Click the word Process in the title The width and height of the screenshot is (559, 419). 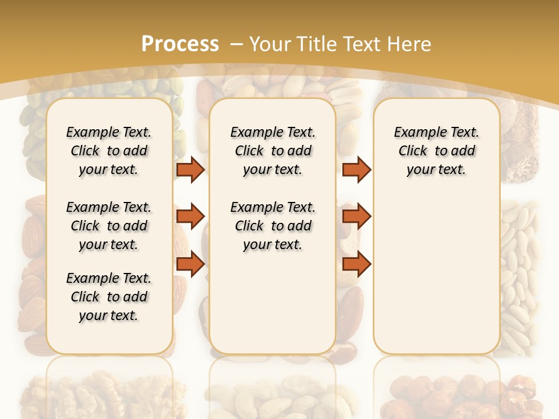pyautogui.click(x=180, y=44)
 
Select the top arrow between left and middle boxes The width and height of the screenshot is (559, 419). pyautogui.click(x=190, y=169)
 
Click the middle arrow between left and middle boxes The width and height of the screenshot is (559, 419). pyautogui.click(x=190, y=216)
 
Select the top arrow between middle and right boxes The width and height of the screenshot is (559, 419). pyautogui.click(x=356, y=169)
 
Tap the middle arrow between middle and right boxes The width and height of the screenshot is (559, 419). pyautogui.click(x=356, y=216)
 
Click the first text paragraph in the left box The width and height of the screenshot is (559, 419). pyautogui.click(x=109, y=151)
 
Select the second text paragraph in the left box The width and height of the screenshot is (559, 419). pyautogui.click(x=109, y=226)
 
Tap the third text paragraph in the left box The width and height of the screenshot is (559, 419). pyautogui.click(x=109, y=297)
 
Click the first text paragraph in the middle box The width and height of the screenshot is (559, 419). pyautogui.click(x=273, y=151)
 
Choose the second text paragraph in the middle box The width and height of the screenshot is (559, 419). pyautogui.click(x=273, y=226)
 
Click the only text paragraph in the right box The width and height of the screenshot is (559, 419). pyautogui.click(x=436, y=151)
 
